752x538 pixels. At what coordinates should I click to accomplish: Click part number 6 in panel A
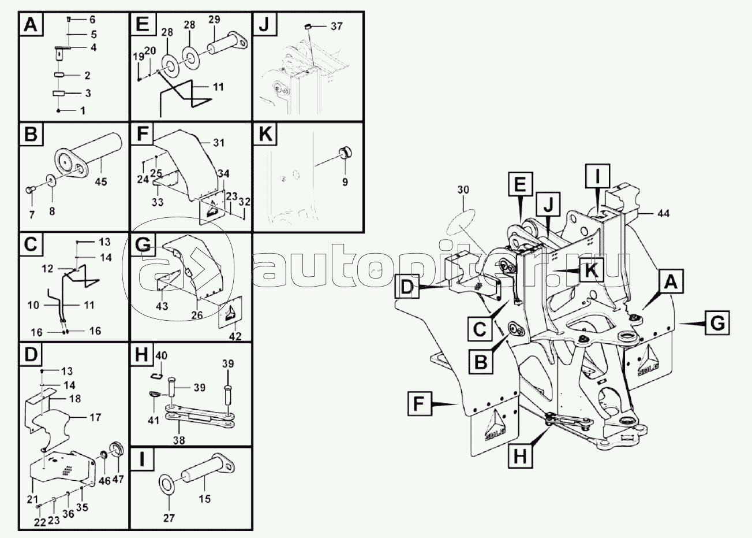(x=92, y=20)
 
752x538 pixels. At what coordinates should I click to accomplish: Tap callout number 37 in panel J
(x=337, y=27)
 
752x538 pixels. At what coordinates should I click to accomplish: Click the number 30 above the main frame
(x=463, y=190)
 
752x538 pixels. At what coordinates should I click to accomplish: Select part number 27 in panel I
(x=169, y=518)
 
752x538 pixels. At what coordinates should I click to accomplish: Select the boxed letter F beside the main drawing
(x=420, y=403)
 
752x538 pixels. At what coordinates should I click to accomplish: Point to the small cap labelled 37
(x=308, y=26)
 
